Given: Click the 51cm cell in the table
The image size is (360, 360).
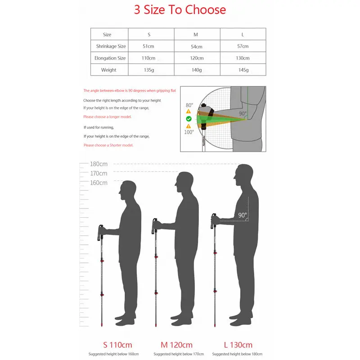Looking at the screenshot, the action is tap(148, 46).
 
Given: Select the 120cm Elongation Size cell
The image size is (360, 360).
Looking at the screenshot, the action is tap(197, 58).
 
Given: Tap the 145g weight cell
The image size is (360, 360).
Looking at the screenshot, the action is tap(243, 70).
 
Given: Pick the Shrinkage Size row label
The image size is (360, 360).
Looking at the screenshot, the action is tap(111, 46).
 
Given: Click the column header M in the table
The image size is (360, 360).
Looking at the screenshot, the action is tap(196, 35).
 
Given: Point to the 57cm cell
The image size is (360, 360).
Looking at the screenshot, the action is tap(243, 46).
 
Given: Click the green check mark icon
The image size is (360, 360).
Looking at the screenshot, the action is tap(189, 119).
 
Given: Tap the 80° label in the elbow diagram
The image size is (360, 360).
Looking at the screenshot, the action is tap(189, 105).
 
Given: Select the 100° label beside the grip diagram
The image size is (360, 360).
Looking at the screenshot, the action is tap(189, 132).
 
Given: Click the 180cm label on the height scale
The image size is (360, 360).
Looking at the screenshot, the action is tap(99, 164).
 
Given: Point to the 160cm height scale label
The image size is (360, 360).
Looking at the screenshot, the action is tap(99, 183).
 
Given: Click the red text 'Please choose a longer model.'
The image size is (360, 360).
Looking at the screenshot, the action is tap(107, 117).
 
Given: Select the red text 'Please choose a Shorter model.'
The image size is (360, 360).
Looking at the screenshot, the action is tap(108, 145).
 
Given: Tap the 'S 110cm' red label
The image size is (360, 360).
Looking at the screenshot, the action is tap(117, 345).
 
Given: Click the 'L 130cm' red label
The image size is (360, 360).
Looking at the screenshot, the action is tap(238, 345).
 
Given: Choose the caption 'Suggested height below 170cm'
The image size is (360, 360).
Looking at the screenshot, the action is tap(179, 354).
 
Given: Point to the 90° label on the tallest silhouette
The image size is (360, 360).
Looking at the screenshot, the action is tap(243, 215).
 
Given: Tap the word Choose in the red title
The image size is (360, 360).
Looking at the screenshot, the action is tap(206, 9).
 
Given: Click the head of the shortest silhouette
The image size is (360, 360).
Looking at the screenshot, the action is tap(128, 190).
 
